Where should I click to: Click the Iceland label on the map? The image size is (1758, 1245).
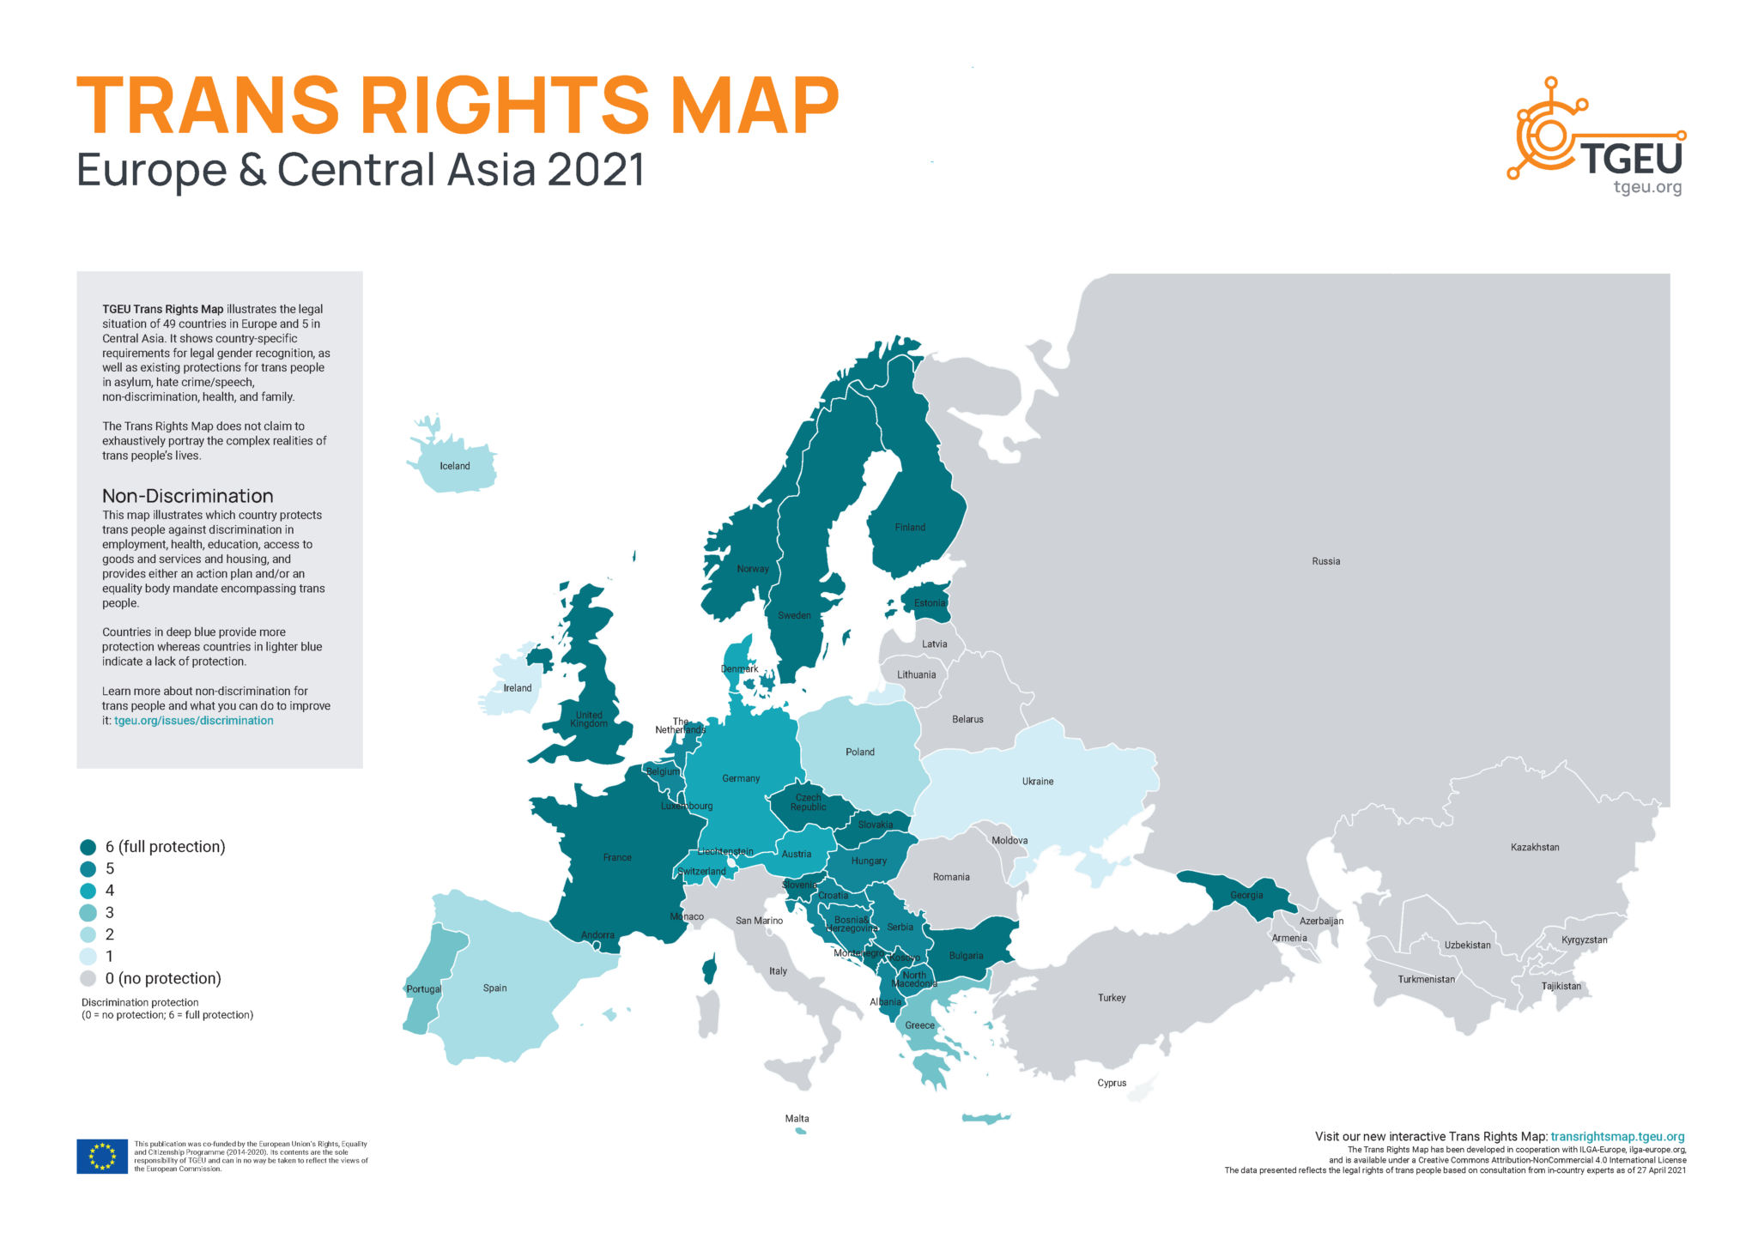(454, 466)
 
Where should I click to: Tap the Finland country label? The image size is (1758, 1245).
(910, 527)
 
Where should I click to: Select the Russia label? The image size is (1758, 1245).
(1325, 561)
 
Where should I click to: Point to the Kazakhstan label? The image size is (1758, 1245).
(1535, 847)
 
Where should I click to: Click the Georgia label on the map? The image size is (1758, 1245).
(1246, 895)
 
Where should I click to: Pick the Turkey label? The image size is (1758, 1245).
(1112, 998)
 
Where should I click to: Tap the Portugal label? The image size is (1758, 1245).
(423, 989)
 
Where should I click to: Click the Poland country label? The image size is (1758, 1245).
(859, 752)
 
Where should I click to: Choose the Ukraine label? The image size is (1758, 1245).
(1038, 782)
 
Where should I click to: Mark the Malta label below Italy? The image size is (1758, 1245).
(797, 1118)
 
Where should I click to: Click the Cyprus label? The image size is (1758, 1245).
(1112, 1083)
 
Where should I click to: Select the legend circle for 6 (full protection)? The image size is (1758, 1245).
(88, 847)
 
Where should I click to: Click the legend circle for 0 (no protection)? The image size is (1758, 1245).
(88, 979)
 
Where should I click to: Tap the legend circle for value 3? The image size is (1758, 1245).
(88, 913)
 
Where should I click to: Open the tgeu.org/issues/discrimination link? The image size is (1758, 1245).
(194, 721)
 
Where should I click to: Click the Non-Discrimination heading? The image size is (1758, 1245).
(187, 496)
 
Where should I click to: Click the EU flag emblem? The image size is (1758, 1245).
(102, 1156)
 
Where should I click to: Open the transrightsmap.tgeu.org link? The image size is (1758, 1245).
(1617, 1136)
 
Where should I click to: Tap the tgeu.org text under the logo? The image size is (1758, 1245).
(1647, 187)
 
